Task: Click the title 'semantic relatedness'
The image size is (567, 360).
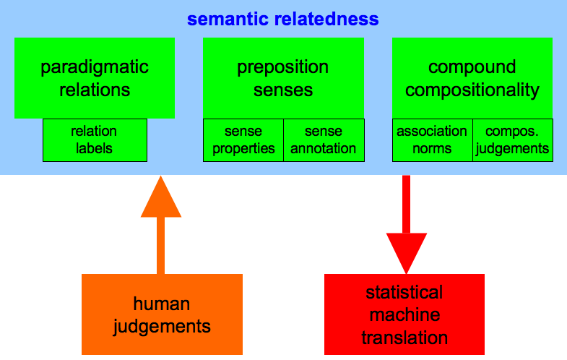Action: (x=282, y=20)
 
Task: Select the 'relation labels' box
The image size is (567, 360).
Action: (x=95, y=140)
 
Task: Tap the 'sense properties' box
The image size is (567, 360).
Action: (x=243, y=140)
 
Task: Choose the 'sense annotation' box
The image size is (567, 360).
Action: (x=324, y=140)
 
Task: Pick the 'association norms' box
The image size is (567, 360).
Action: (x=433, y=140)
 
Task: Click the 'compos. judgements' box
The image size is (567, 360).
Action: (x=513, y=140)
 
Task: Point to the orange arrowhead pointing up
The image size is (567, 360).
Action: (x=161, y=197)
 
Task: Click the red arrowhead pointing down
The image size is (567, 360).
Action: (x=407, y=253)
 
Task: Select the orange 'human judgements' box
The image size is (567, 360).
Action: (x=162, y=314)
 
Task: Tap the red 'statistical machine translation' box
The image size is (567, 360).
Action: (x=404, y=314)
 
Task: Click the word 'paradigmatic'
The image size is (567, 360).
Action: (x=95, y=68)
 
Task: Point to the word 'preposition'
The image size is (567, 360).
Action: (x=282, y=68)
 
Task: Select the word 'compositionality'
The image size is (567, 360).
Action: (x=472, y=90)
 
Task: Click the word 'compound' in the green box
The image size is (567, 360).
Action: (x=472, y=67)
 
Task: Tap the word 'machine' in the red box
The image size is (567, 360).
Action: (x=404, y=314)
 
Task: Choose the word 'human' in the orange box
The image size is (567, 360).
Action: (x=162, y=304)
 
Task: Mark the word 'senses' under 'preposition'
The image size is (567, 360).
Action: (x=283, y=90)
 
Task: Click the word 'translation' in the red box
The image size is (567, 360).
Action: (x=404, y=338)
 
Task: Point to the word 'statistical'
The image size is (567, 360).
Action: (x=404, y=292)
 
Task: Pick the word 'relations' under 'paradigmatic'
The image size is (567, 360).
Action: (x=95, y=90)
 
